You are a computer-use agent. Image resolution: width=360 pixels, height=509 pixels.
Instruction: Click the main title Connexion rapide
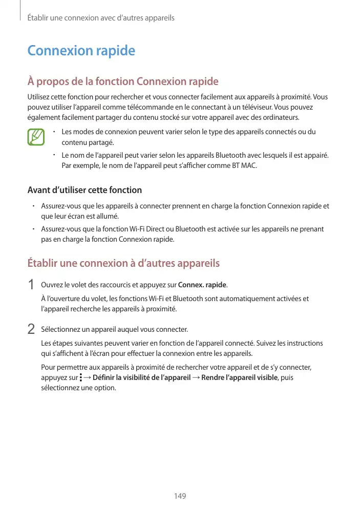[81, 51]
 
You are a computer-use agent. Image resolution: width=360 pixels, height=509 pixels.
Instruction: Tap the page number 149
[180, 496]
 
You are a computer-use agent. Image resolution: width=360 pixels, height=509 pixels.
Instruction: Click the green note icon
[36, 137]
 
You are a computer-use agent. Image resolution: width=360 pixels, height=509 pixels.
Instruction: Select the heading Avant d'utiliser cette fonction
[84, 190]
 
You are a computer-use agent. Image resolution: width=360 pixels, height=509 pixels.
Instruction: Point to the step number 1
[32, 285]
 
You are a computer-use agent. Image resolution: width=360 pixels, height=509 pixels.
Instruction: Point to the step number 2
[32, 329]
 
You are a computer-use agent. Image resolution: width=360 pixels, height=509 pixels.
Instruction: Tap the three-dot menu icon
[80, 377]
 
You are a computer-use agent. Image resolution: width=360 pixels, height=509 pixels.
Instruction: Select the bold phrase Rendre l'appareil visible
[239, 377]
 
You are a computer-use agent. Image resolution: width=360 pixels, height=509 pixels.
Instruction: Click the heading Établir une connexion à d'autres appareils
[123, 263]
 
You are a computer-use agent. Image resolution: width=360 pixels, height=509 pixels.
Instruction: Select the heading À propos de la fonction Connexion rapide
[122, 81]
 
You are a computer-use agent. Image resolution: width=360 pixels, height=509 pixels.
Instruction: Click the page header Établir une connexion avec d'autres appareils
[100, 18]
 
